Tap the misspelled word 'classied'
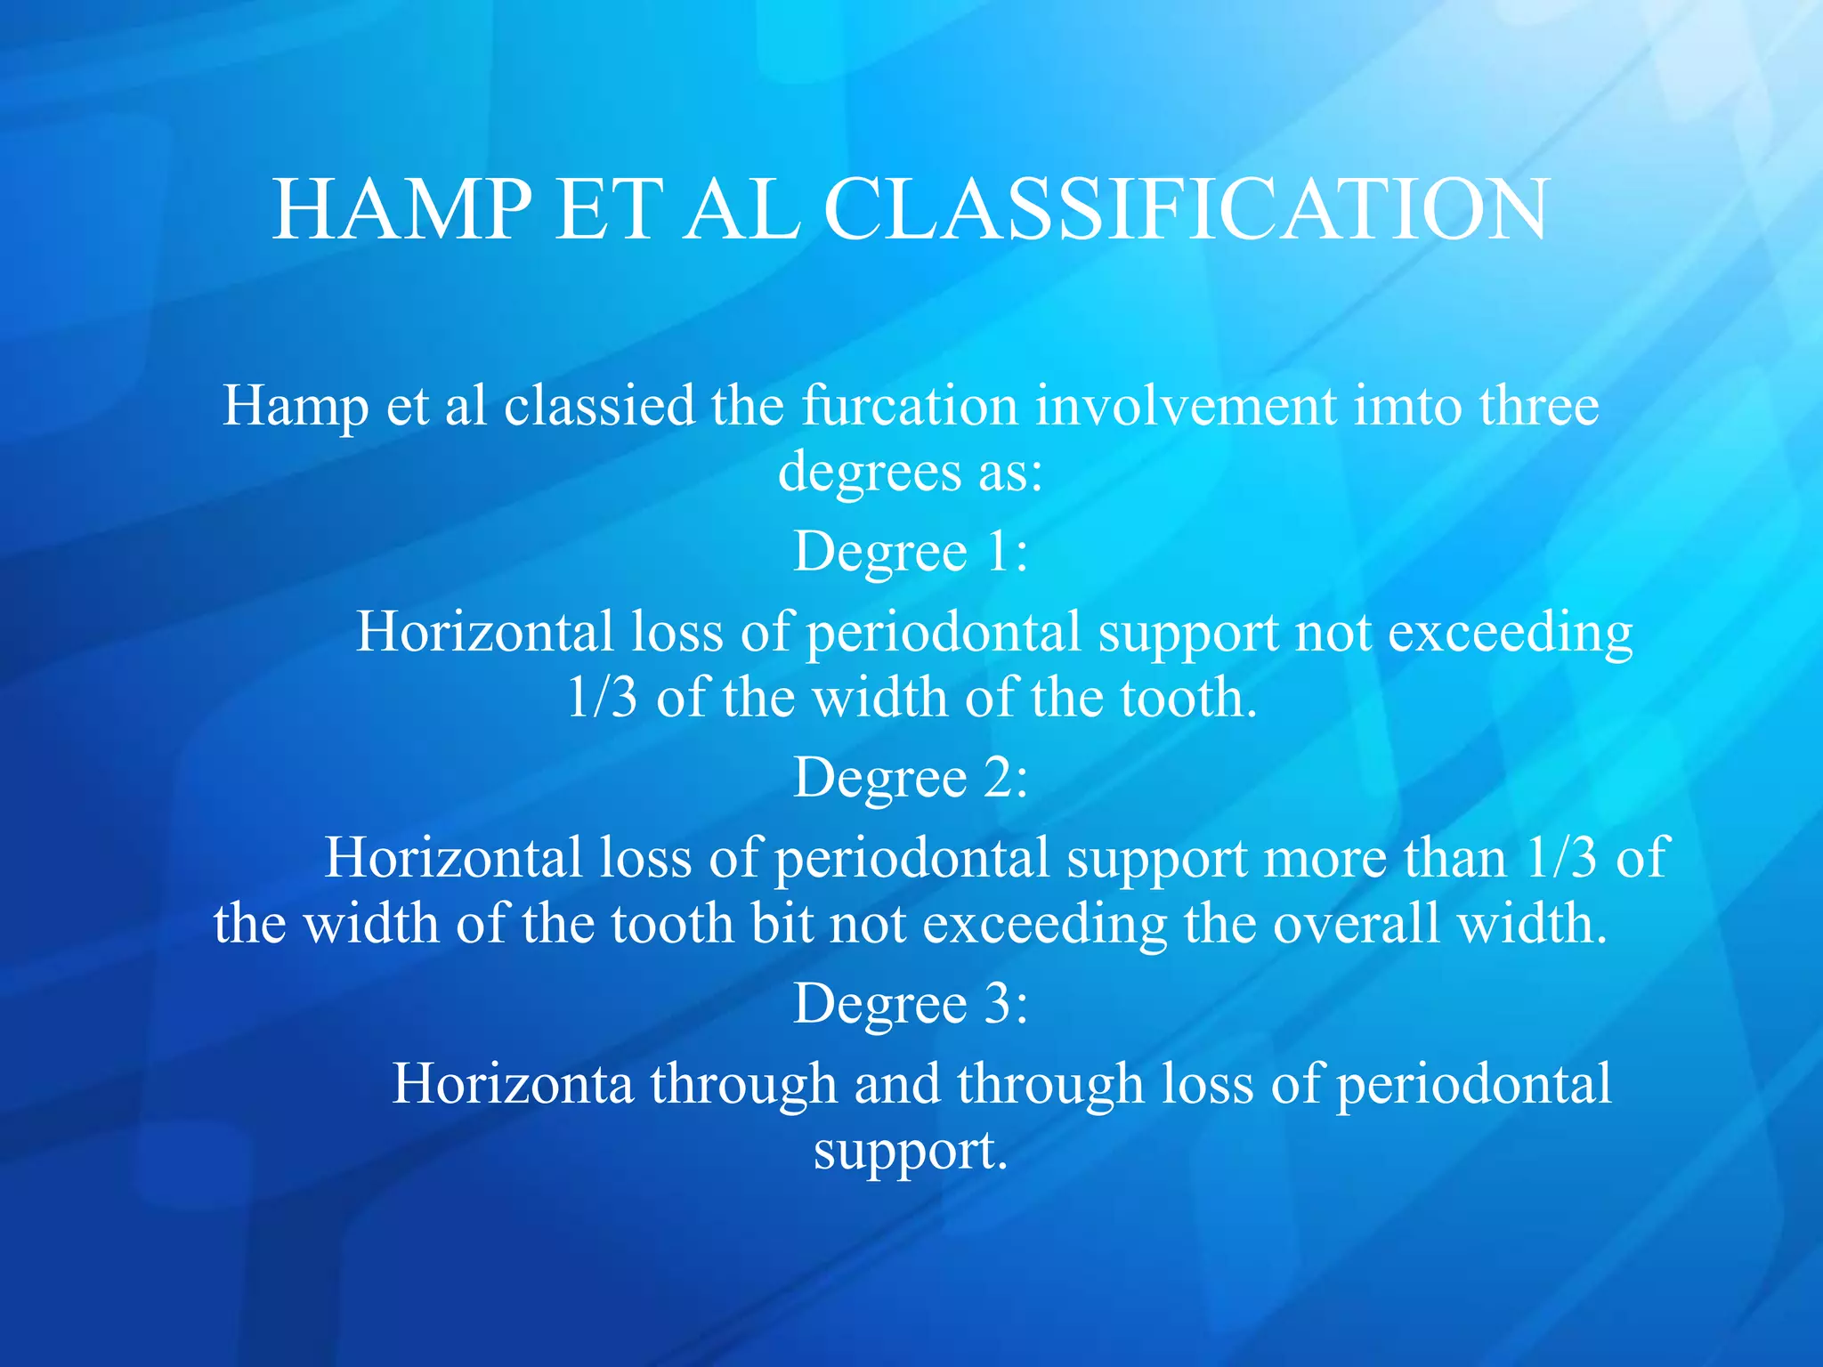(x=599, y=406)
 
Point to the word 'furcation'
(x=909, y=406)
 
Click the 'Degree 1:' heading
(x=911, y=552)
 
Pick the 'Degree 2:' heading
(x=911, y=778)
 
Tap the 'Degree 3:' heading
(x=911, y=1004)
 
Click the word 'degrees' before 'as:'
(x=870, y=473)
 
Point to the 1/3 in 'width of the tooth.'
(x=603, y=698)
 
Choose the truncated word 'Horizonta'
(x=513, y=1084)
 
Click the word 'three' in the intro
(x=1539, y=406)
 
